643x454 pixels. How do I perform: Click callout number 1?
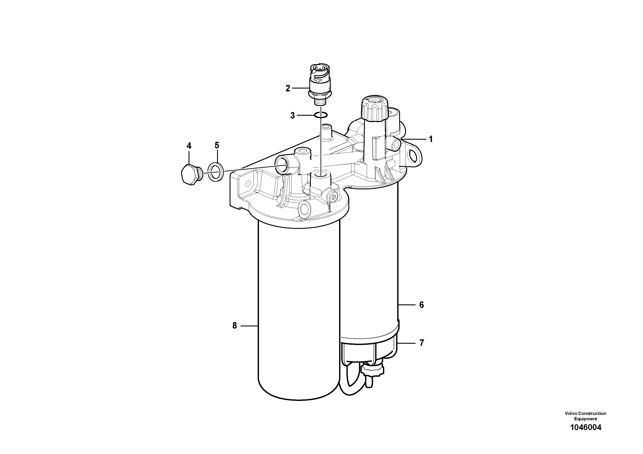(x=431, y=139)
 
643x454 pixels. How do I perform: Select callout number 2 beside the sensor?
(x=288, y=89)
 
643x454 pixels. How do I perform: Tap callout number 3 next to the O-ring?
(x=292, y=115)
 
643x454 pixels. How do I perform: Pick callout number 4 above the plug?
(x=189, y=146)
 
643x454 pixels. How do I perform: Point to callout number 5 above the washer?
(x=217, y=145)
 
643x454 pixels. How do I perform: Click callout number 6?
(x=421, y=305)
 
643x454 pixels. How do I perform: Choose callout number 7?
(x=421, y=343)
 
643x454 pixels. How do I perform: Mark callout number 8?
(x=235, y=326)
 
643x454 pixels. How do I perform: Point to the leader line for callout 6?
(x=407, y=305)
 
